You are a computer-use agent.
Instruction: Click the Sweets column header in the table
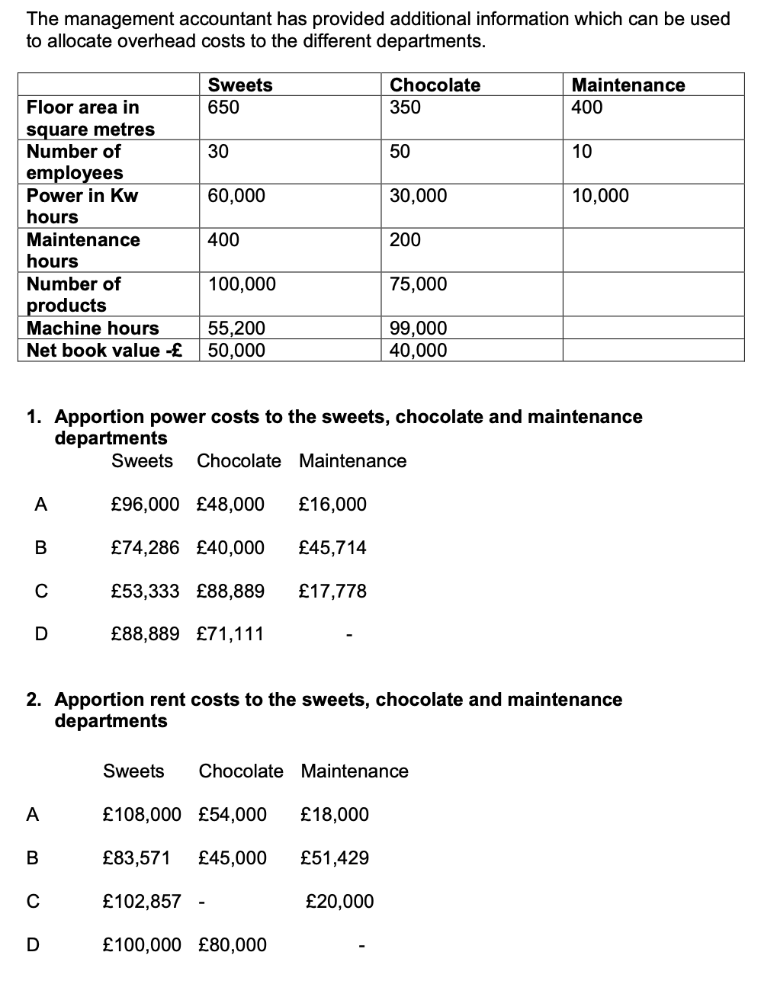(x=240, y=85)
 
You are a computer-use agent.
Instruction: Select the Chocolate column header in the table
(x=435, y=85)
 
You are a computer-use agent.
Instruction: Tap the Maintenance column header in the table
(x=628, y=85)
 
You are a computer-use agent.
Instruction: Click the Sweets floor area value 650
(x=223, y=107)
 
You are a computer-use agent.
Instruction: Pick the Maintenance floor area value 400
(x=587, y=107)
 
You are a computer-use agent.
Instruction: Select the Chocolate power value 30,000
(x=418, y=196)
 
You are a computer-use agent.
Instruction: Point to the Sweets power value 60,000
(x=236, y=196)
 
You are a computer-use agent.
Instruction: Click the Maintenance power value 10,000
(x=600, y=196)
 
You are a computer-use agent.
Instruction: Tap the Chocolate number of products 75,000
(x=418, y=284)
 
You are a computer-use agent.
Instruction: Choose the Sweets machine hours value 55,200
(x=236, y=329)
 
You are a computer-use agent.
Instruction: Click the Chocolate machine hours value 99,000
(x=418, y=329)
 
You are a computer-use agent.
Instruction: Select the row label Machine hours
(x=93, y=329)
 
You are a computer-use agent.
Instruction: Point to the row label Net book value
(x=104, y=351)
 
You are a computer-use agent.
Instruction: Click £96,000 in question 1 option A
(x=146, y=505)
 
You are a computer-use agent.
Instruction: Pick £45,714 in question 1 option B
(x=332, y=548)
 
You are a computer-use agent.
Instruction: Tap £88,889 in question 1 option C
(x=230, y=591)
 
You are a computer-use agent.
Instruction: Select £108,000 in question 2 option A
(x=142, y=815)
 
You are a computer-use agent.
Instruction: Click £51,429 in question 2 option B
(x=335, y=858)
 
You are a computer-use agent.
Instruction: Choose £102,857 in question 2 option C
(x=142, y=902)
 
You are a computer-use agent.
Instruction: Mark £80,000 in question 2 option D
(x=233, y=945)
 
